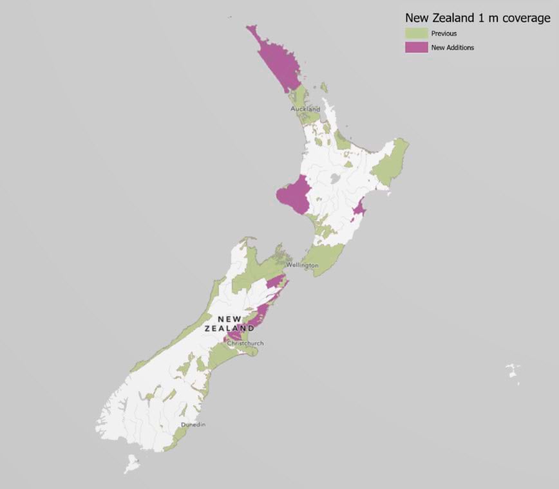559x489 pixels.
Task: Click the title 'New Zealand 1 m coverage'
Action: [x=477, y=19]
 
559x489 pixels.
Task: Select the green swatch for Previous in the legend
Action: [x=415, y=33]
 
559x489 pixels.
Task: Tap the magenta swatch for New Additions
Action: [x=415, y=47]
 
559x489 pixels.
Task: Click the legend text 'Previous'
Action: [x=444, y=33]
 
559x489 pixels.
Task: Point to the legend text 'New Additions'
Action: [x=453, y=47]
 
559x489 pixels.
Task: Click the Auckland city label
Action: [x=305, y=109]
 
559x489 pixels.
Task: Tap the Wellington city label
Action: [x=303, y=265]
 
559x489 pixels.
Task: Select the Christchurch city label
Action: [x=245, y=344]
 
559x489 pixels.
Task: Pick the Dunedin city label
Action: [x=193, y=425]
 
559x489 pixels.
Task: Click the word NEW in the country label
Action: [x=230, y=319]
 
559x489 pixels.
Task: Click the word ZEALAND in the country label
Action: [x=225, y=329]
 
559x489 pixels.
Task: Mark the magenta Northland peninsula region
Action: [x=277, y=61]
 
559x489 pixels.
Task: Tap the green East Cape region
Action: [x=390, y=164]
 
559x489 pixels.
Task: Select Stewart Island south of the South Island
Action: [x=132, y=463]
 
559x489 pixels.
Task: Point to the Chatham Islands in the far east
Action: [x=513, y=371]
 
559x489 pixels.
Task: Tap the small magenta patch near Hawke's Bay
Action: [x=359, y=208]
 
